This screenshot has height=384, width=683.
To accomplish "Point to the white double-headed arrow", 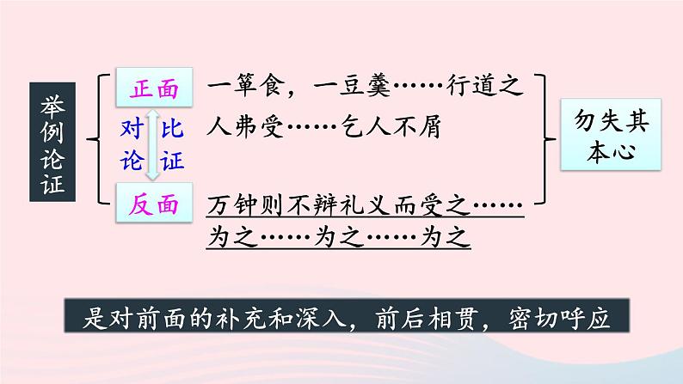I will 153,144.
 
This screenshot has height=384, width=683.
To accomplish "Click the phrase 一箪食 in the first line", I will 249,88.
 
